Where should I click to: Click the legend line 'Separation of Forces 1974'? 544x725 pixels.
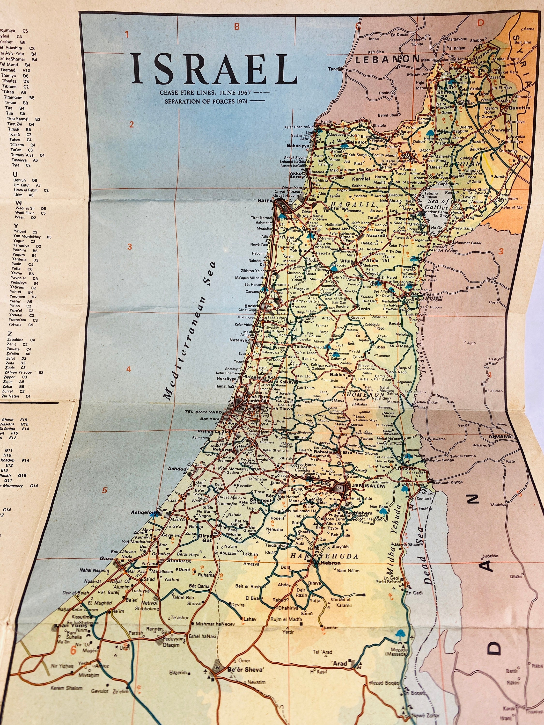pos(210,101)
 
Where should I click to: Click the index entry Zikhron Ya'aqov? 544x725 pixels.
pos(20,372)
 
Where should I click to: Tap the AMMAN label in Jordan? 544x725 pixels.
pos(500,437)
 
